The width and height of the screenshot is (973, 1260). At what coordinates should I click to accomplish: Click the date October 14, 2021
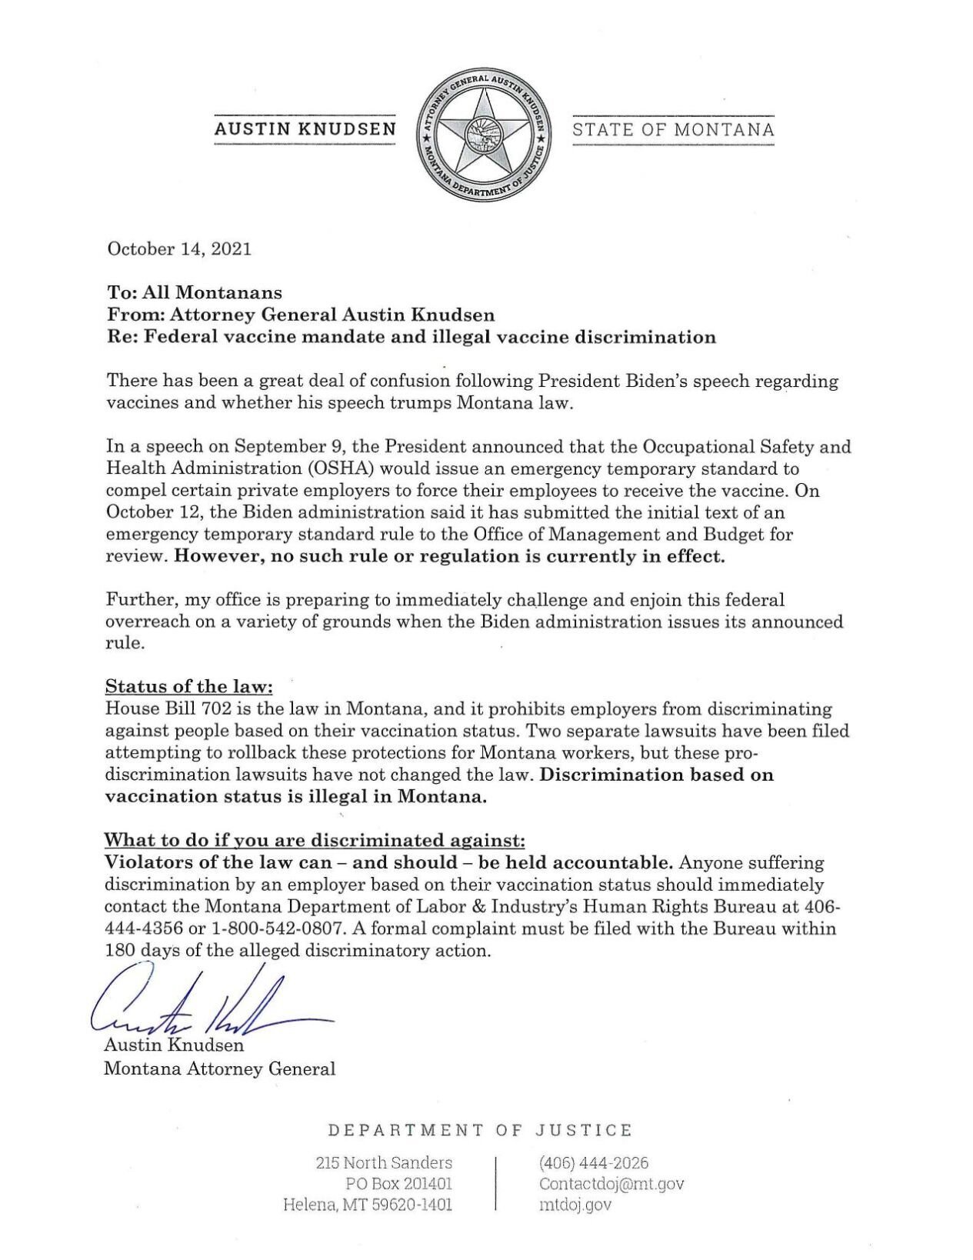(179, 249)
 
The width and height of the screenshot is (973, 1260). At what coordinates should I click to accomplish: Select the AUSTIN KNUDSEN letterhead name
(305, 130)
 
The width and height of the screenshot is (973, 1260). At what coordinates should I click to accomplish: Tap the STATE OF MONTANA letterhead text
(673, 130)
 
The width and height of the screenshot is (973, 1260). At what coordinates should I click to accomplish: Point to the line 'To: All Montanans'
(194, 293)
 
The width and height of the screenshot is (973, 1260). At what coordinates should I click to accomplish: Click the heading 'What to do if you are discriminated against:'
(315, 839)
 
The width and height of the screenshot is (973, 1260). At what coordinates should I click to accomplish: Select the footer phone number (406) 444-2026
(594, 1162)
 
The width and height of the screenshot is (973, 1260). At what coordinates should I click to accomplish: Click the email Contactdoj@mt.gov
(611, 1184)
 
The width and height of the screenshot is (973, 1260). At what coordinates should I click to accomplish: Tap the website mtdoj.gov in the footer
(575, 1205)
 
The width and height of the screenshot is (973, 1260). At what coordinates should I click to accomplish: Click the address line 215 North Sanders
(384, 1162)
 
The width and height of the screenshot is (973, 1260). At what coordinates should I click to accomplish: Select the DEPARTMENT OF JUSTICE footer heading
(480, 1130)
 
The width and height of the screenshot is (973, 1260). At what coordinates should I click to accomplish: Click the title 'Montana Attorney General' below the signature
(220, 1068)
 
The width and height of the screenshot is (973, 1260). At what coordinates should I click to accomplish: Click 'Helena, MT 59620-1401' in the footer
(368, 1205)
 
